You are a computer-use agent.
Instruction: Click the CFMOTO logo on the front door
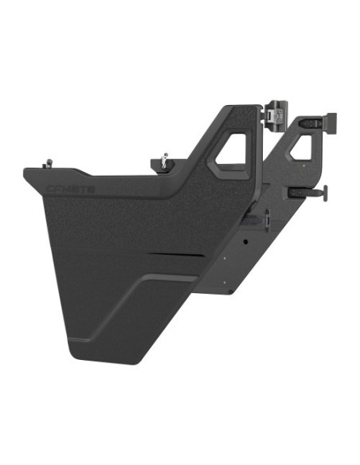coord(71,190)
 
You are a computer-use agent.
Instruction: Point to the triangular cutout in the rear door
coord(301,147)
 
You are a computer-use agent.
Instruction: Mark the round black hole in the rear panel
coord(246,239)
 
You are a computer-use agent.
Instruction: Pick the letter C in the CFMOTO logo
coord(51,190)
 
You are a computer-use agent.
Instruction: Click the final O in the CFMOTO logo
coord(91,190)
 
